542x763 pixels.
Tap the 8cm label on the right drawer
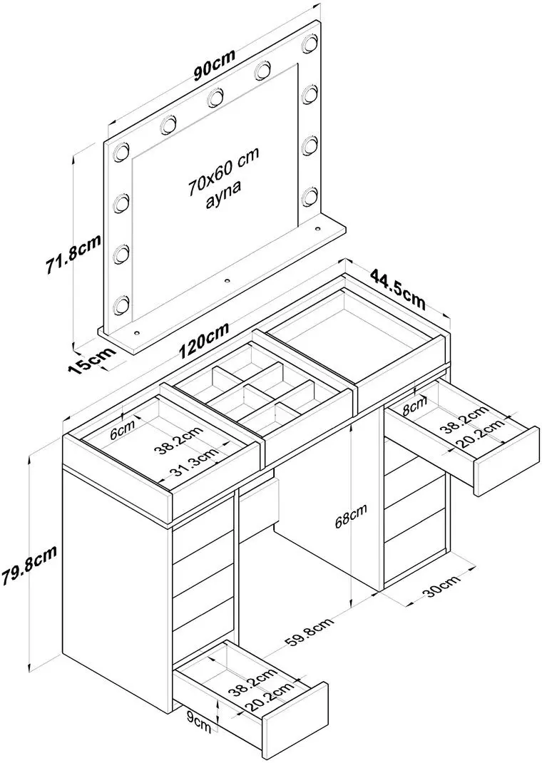coord(413,409)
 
